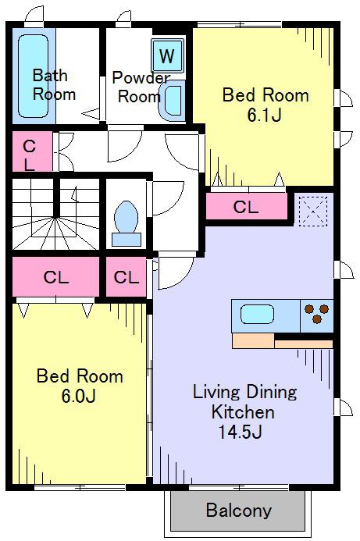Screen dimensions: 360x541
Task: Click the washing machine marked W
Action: [167, 55]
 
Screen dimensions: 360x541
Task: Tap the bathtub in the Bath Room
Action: [33, 76]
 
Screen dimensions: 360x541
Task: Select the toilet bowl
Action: [126, 217]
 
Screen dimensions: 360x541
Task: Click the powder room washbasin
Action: [172, 101]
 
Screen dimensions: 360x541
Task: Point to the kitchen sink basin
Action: [257, 315]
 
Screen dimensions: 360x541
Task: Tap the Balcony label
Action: [239, 511]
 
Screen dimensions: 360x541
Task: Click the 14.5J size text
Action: [241, 431]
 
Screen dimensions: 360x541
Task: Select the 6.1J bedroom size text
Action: [265, 115]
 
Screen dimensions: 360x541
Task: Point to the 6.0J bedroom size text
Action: [79, 396]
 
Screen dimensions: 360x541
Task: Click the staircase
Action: [56, 214]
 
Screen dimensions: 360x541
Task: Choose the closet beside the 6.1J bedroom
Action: [247, 206]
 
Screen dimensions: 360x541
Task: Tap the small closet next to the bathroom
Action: [33, 151]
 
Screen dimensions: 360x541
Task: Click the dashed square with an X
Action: [313, 212]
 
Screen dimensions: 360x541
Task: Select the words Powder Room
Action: [140, 87]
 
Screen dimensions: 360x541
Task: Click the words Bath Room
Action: [54, 84]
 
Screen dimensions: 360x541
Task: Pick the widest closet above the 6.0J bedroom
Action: [56, 276]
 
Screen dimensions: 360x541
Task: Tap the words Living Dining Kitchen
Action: [244, 402]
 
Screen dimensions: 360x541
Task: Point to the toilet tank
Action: [127, 240]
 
